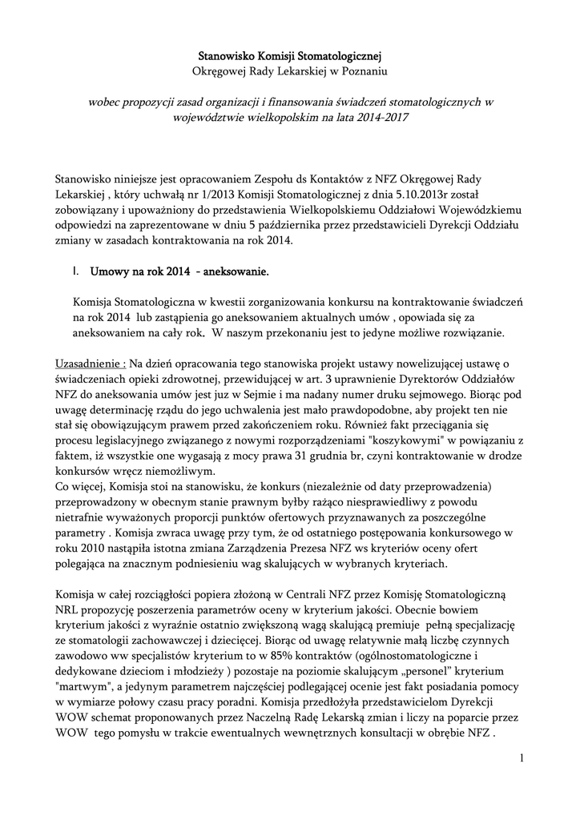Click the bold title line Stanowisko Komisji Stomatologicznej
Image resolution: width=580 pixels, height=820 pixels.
(290, 56)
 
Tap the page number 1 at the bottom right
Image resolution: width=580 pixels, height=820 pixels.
(520, 758)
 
